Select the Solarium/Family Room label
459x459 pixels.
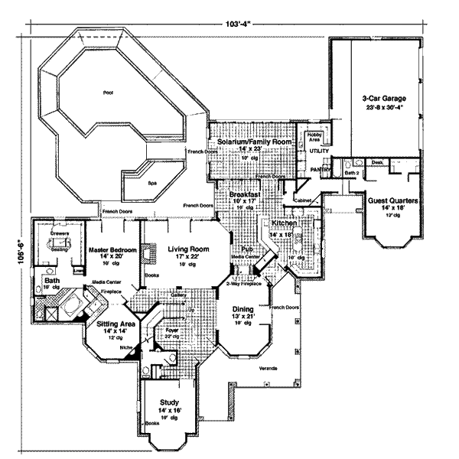tap(255, 142)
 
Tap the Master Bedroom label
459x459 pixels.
tap(112, 250)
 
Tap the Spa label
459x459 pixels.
tap(151, 184)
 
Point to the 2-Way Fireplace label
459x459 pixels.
tap(243, 284)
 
